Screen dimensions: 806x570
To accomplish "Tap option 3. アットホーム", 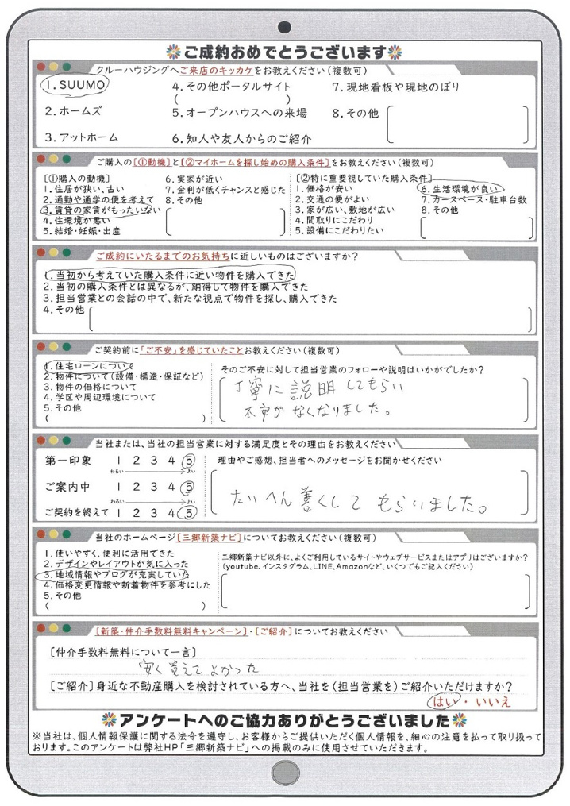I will coord(79,137).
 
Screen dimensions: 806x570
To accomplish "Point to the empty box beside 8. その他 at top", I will coord(458,121).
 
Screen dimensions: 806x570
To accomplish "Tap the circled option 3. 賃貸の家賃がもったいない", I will coord(100,210).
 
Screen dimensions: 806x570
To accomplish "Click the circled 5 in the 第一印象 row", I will coord(188,460).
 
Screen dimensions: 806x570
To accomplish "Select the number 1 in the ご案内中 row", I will coord(119,487).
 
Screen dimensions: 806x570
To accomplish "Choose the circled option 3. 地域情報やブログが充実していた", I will coord(116,573).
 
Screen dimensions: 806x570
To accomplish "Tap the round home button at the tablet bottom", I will coord(283,771).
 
